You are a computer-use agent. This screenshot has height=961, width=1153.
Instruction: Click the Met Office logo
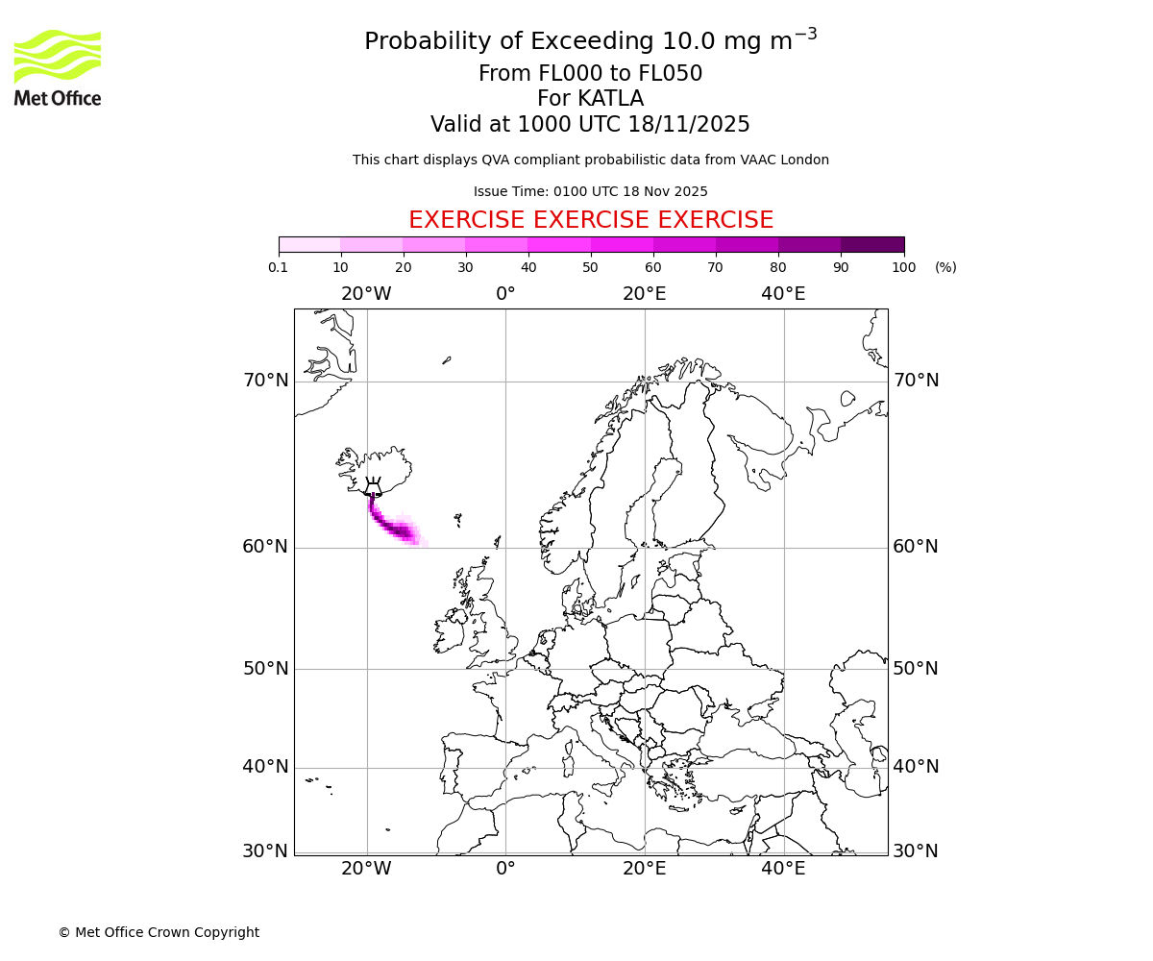(x=58, y=67)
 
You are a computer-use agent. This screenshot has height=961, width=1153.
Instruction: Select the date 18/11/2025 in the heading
(x=689, y=125)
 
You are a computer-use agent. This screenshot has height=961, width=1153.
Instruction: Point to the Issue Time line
(x=590, y=192)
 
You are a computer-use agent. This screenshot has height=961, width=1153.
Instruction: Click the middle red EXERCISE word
(x=590, y=220)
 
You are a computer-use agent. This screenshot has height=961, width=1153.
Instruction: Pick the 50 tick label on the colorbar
(x=590, y=267)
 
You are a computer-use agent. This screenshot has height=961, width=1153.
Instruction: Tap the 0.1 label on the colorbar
(x=279, y=267)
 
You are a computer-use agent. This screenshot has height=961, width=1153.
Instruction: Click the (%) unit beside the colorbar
(x=945, y=267)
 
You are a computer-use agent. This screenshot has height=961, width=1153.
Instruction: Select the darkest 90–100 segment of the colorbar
(x=872, y=244)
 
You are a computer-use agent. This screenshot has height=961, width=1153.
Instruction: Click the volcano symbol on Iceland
(x=373, y=487)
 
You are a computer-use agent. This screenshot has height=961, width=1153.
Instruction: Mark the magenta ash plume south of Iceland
(x=394, y=528)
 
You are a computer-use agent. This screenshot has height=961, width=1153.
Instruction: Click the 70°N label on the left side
(x=265, y=381)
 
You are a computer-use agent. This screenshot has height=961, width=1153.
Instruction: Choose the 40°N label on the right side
(x=916, y=767)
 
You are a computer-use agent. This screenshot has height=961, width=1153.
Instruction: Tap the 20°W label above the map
(x=366, y=294)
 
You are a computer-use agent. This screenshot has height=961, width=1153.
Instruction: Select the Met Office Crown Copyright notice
(x=159, y=932)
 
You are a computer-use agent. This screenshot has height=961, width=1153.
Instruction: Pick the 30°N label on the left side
(x=265, y=851)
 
